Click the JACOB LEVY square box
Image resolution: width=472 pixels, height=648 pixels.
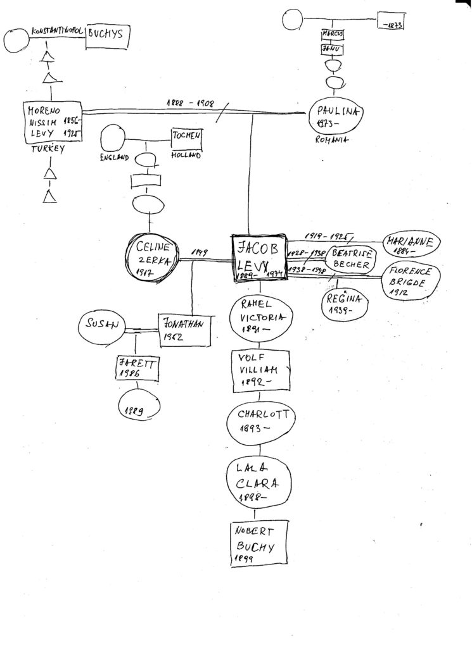(x=258, y=259)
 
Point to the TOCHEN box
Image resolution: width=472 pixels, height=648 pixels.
(x=186, y=137)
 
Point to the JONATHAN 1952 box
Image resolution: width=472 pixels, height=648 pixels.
(x=182, y=328)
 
